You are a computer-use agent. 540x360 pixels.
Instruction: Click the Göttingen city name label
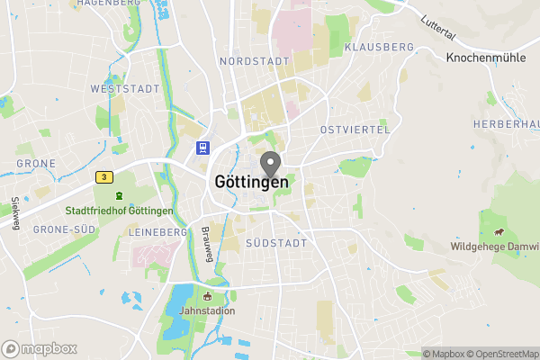252,181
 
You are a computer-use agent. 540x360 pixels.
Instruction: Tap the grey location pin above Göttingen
270,165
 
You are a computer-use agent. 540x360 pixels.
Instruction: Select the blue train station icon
204,148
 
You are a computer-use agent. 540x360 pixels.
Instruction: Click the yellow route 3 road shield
105,177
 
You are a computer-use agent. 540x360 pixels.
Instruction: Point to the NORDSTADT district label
255,61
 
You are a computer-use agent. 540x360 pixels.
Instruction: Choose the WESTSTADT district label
124,89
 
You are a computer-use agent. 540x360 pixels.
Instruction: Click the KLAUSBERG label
379,46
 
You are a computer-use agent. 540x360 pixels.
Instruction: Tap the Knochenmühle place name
487,56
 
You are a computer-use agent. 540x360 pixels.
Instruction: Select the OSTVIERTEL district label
355,130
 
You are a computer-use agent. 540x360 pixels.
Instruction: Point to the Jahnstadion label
206,311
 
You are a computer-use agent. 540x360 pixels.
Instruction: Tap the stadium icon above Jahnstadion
207,296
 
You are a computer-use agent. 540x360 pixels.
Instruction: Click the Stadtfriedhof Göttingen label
119,211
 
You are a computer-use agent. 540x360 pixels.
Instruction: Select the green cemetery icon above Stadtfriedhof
118,194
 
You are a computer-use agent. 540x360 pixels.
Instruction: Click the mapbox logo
40,348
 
